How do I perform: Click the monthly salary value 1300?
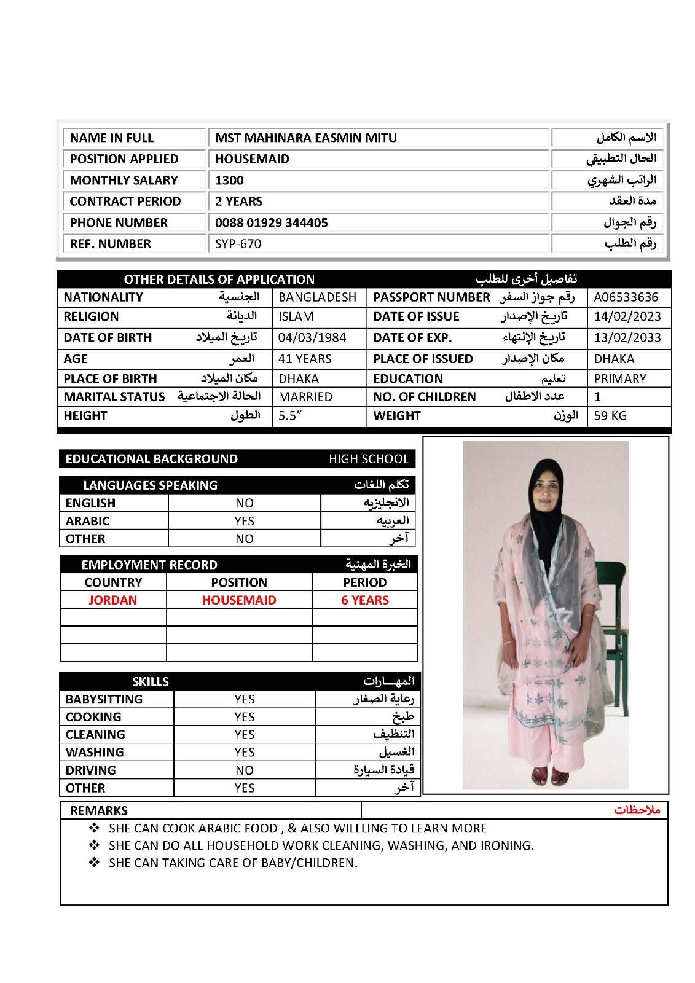[x=229, y=180]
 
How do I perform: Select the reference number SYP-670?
[x=238, y=244]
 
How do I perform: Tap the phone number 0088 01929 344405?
[x=271, y=222]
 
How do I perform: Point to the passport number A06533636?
[x=626, y=297]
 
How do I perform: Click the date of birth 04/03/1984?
[x=312, y=337]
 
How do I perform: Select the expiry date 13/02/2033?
[x=627, y=337]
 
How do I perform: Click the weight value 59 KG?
[x=610, y=415]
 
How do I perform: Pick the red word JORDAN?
[x=112, y=600]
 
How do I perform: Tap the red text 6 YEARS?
[x=365, y=600]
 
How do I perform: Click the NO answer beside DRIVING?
[x=244, y=770]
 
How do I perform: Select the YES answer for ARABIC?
[x=244, y=521]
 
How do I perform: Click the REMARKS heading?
[x=99, y=810]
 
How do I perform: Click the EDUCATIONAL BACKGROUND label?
[x=151, y=459]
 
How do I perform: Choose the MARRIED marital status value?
[x=305, y=397]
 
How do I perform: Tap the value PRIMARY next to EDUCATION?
[x=619, y=378]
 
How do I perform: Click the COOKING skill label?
[x=93, y=717]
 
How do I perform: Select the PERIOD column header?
[x=364, y=582]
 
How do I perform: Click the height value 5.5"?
[x=290, y=415]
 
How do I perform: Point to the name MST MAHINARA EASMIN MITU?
[x=305, y=138]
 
